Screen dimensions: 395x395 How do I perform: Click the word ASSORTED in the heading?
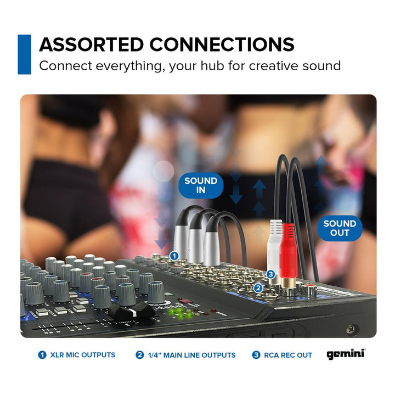coord(92,44)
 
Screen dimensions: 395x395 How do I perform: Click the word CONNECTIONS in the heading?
coord(222,44)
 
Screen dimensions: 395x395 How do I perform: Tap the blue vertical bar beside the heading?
coord(25,54)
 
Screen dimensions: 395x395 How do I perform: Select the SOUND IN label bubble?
coord(201,185)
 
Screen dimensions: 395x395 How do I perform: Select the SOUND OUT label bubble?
coord(340,228)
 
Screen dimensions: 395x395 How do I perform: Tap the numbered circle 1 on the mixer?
coord(174,256)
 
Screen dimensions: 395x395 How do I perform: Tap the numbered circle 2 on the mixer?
coord(258,288)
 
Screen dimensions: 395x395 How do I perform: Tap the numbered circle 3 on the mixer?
coord(270,274)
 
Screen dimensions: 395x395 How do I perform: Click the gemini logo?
coord(346,354)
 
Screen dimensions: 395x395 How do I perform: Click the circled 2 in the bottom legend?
coord(139,355)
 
